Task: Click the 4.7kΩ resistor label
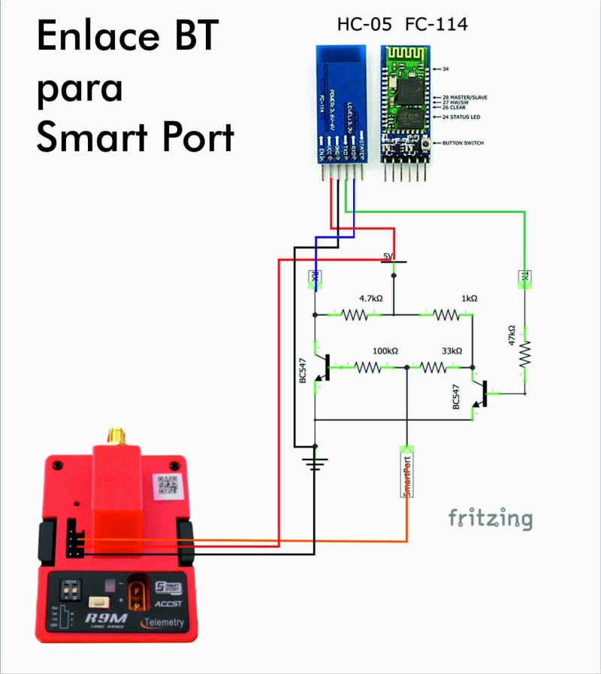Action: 371,299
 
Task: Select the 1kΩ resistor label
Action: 470,299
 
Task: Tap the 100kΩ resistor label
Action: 385,351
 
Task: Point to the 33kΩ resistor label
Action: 452,351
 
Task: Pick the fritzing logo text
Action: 491,518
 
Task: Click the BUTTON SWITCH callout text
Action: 464,143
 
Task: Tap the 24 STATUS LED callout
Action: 463,117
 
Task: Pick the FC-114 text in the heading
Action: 436,25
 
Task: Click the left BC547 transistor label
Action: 304,371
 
